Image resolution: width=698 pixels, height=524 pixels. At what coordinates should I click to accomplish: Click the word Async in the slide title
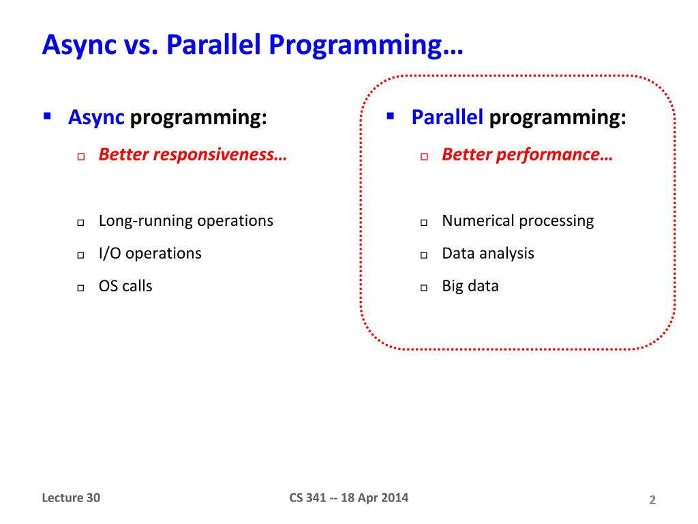click(x=79, y=45)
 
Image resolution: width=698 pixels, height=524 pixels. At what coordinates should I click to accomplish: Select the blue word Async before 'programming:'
click(x=96, y=118)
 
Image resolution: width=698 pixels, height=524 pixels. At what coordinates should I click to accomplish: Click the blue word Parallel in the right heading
click(x=447, y=117)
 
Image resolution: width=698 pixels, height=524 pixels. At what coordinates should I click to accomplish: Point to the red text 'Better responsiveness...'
click(x=193, y=155)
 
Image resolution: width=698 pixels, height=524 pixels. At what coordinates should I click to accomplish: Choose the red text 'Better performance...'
click(x=528, y=155)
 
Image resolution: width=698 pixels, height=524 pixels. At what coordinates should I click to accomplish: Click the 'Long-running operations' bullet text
click(x=186, y=221)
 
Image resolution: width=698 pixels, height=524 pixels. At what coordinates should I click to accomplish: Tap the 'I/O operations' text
click(x=150, y=254)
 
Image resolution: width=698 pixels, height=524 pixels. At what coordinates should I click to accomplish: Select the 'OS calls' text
click(x=125, y=286)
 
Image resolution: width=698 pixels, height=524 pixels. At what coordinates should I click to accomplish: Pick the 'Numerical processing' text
click(x=518, y=221)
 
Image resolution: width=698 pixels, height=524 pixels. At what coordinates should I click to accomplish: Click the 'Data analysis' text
click(x=488, y=254)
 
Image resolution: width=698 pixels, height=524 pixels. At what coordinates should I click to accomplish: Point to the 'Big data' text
click(x=470, y=287)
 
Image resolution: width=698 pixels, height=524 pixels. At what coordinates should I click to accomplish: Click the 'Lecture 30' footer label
click(x=71, y=497)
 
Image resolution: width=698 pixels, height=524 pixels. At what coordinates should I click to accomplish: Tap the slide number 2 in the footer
click(x=652, y=500)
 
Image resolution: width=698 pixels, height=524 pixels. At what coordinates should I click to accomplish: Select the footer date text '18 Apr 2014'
click(x=374, y=497)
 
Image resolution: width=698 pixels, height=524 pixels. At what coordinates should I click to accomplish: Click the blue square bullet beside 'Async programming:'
click(x=47, y=117)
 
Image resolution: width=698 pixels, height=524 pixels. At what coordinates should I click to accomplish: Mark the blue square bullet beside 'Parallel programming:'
click(x=391, y=117)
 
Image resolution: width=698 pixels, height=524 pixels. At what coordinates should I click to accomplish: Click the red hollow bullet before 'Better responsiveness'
click(x=81, y=157)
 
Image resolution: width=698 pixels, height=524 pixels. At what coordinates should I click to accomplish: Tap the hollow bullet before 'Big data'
click(x=424, y=288)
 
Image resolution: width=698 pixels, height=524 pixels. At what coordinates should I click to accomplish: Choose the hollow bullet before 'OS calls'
click(x=80, y=288)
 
